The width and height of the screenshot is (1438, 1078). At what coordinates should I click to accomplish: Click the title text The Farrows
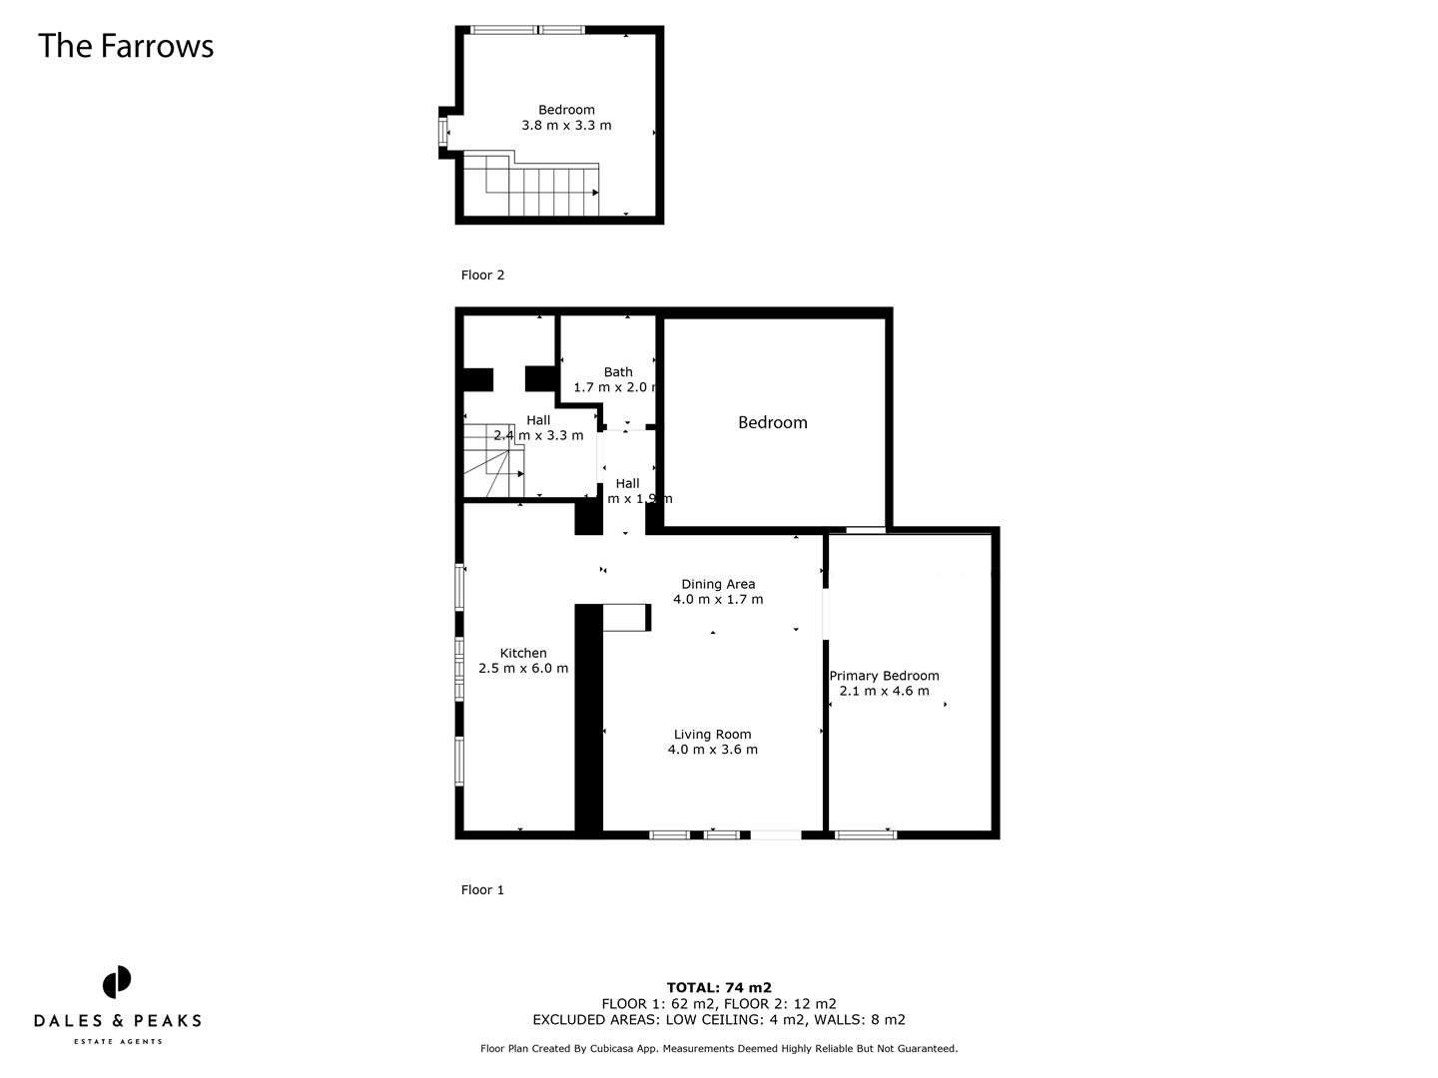(x=126, y=46)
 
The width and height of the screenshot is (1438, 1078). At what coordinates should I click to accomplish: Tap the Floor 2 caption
(x=482, y=274)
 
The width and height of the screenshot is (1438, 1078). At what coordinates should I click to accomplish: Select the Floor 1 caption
(x=482, y=889)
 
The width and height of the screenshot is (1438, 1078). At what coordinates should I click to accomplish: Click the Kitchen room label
(x=523, y=653)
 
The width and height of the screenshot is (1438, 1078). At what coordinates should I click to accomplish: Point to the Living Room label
(x=712, y=734)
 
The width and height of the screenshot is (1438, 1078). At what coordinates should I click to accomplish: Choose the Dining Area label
(x=718, y=584)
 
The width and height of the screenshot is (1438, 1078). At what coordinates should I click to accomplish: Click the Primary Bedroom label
(x=884, y=676)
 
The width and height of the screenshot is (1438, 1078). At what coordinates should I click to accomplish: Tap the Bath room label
(x=617, y=372)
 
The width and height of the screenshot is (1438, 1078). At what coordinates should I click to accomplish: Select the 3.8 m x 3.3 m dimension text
(x=566, y=126)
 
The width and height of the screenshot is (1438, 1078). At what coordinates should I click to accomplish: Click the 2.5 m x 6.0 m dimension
(x=523, y=669)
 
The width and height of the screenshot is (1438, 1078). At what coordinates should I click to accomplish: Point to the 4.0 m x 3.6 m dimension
(x=712, y=750)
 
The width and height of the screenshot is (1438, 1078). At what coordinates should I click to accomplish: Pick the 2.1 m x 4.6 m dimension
(x=884, y=691)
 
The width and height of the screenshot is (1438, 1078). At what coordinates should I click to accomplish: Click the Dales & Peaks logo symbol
(x=117, y=982)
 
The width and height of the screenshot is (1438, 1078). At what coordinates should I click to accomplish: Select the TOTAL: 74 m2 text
(x=719, y=988)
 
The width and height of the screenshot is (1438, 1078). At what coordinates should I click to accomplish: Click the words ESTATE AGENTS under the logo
(x=117, y=1042)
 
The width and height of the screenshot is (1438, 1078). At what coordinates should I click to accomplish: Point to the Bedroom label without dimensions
(x=772, y=422)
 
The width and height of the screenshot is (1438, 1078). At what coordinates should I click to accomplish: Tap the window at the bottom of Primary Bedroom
(x=865, y=834)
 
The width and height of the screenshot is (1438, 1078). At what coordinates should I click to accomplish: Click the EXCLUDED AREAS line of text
(x=719, y=1020)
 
